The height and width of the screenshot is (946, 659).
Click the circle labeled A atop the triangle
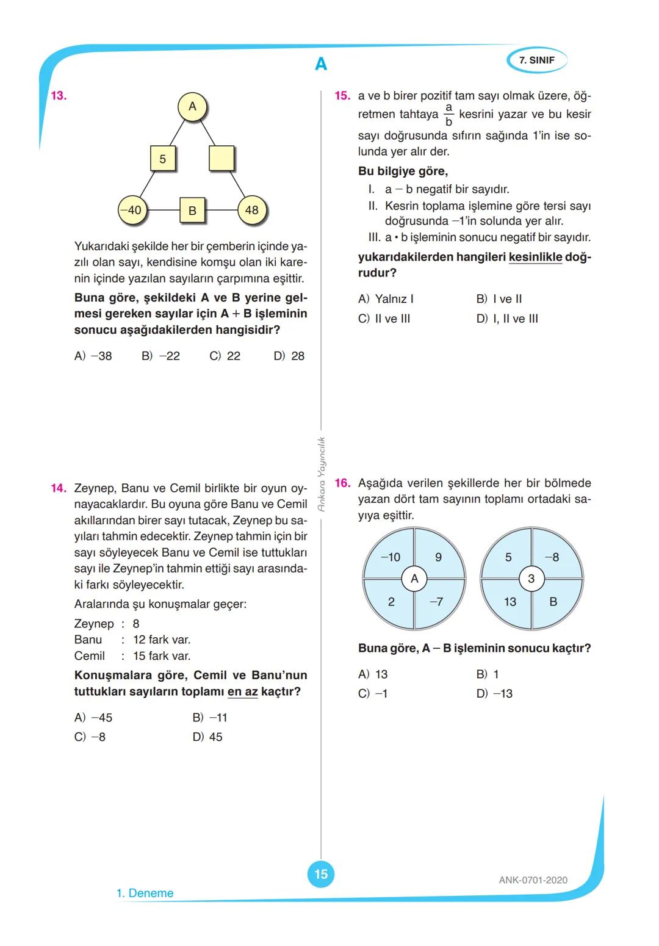[192, 107]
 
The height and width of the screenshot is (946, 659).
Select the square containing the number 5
[163, 159]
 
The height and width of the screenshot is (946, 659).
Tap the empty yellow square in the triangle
[221, 159]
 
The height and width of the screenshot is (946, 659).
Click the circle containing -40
[132, 210]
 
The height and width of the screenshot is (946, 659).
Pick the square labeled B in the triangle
[192, 211]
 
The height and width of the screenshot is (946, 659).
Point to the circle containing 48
[251, 210]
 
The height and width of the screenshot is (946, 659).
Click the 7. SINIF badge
[536, 60]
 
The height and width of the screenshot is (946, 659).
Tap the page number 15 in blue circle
[321, 874]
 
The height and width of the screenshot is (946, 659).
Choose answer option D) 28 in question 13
[289, 356]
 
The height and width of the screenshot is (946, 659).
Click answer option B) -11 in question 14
[210, 718]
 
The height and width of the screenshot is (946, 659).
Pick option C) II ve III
[384, 319]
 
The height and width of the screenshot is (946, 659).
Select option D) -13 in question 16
[494, 694]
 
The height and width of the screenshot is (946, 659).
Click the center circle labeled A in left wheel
[414, 578]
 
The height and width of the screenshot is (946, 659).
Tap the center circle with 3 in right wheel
[531, 578]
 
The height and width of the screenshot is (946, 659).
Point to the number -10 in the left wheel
[391, 557]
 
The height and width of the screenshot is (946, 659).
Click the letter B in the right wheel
[553, 602]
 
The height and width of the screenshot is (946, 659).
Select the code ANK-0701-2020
[533, 880]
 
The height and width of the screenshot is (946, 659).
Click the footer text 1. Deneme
[145, 894]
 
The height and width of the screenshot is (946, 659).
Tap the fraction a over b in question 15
[448, 114]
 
